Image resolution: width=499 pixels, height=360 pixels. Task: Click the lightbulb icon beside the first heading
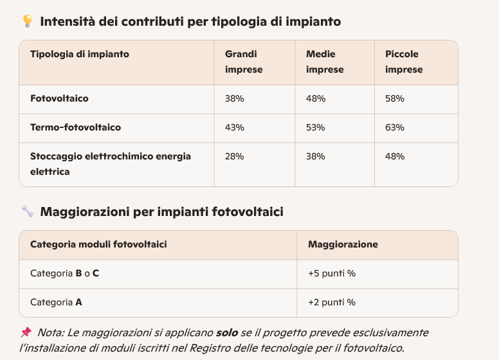[27, 21]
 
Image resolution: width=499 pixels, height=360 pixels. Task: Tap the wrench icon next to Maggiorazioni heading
[27, 212]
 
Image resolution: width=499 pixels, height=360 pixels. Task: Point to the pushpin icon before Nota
[26, 332]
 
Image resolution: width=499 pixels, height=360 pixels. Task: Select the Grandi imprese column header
[244, 62]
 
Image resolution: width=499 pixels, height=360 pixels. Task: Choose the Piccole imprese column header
[404, 62]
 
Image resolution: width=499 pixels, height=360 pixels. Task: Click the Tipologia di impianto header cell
[80, 54]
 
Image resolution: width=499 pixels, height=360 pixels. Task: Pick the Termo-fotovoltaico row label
[75, 127]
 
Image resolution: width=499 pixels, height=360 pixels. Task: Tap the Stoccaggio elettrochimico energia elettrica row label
[111, 164]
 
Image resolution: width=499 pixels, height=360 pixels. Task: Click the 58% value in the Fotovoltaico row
[395, 98]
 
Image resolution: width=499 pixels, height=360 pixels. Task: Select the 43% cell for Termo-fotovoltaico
[235, 127]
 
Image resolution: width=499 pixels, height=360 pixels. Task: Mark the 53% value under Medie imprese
[316, 127]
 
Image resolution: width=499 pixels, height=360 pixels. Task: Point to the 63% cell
[395, 127]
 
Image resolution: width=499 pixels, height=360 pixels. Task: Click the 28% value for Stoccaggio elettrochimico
[235, 156]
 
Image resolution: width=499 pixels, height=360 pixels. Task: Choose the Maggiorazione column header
[343, 244]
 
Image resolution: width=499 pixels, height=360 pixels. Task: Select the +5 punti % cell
[332, 273]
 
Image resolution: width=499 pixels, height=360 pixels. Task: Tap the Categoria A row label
[56, 302]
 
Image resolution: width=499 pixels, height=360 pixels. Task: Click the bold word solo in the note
[226, 332]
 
